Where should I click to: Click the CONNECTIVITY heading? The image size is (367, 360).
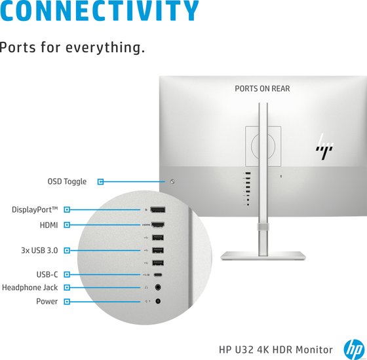(99, 10)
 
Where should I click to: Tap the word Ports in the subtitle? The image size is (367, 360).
(18, 47)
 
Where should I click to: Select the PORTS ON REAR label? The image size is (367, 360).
(262, 88)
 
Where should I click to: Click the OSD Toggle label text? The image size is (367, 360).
(67, 181)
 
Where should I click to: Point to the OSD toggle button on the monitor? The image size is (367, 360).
(172, 181)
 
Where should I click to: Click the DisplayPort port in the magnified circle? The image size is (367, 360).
(158, 209)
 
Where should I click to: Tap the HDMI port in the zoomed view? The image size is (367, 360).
(158, 225)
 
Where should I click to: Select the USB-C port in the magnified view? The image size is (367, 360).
(158, 275)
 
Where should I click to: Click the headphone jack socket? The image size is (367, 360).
(158, 287)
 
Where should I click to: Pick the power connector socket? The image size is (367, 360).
(158, 301)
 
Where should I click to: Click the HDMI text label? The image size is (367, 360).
(48, 225)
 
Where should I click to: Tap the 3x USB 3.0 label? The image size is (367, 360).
(39, 250)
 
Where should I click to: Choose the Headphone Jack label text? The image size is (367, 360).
(29, 287)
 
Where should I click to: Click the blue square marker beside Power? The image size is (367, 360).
(67, 302)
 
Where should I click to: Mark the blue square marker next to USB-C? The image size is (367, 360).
(67, 274)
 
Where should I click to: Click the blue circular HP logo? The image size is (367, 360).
(354, 350)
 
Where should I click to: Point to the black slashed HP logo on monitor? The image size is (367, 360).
(324, 147)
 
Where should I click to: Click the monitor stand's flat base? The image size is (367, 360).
(263, 255)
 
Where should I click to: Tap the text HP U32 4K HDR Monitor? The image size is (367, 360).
(276, 350)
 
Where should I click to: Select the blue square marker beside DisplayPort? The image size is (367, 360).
(67, 209)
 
